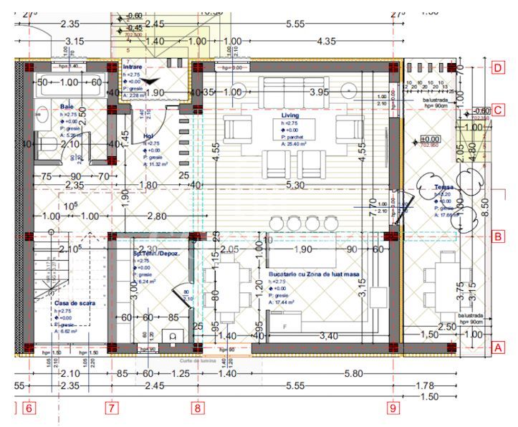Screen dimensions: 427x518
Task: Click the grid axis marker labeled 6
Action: click(29, 408)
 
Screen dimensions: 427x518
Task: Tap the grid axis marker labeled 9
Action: click(393, 408)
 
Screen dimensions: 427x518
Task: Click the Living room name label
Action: click(291, 115)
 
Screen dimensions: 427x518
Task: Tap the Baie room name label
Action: click(67, 107)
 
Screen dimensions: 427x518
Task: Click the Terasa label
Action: click(443, 188)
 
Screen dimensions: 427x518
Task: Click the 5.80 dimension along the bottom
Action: click(352, 373)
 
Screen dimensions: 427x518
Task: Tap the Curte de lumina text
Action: click(192, 361)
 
